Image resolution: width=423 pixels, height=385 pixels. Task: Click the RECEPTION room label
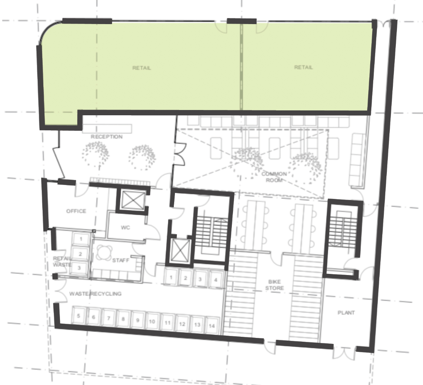pos(106,137)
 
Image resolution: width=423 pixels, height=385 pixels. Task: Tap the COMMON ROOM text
pos(274,177)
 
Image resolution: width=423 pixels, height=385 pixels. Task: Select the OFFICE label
pos(76,211)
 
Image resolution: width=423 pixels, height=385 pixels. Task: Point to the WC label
pos(125,228)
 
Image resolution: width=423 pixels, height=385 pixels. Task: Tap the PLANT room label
pos(346,313)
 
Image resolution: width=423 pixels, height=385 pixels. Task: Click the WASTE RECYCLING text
pos(95,294)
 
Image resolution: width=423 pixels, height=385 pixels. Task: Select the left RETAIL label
pos(141,68)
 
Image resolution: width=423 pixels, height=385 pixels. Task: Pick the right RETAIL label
pos(303,67)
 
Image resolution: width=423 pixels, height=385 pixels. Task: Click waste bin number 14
pos(211,325)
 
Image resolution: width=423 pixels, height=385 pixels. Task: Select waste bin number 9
pos(138,320)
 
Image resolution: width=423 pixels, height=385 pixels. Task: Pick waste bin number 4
pos(216,280)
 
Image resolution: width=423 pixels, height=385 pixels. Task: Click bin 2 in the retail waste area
pos(80,254)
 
